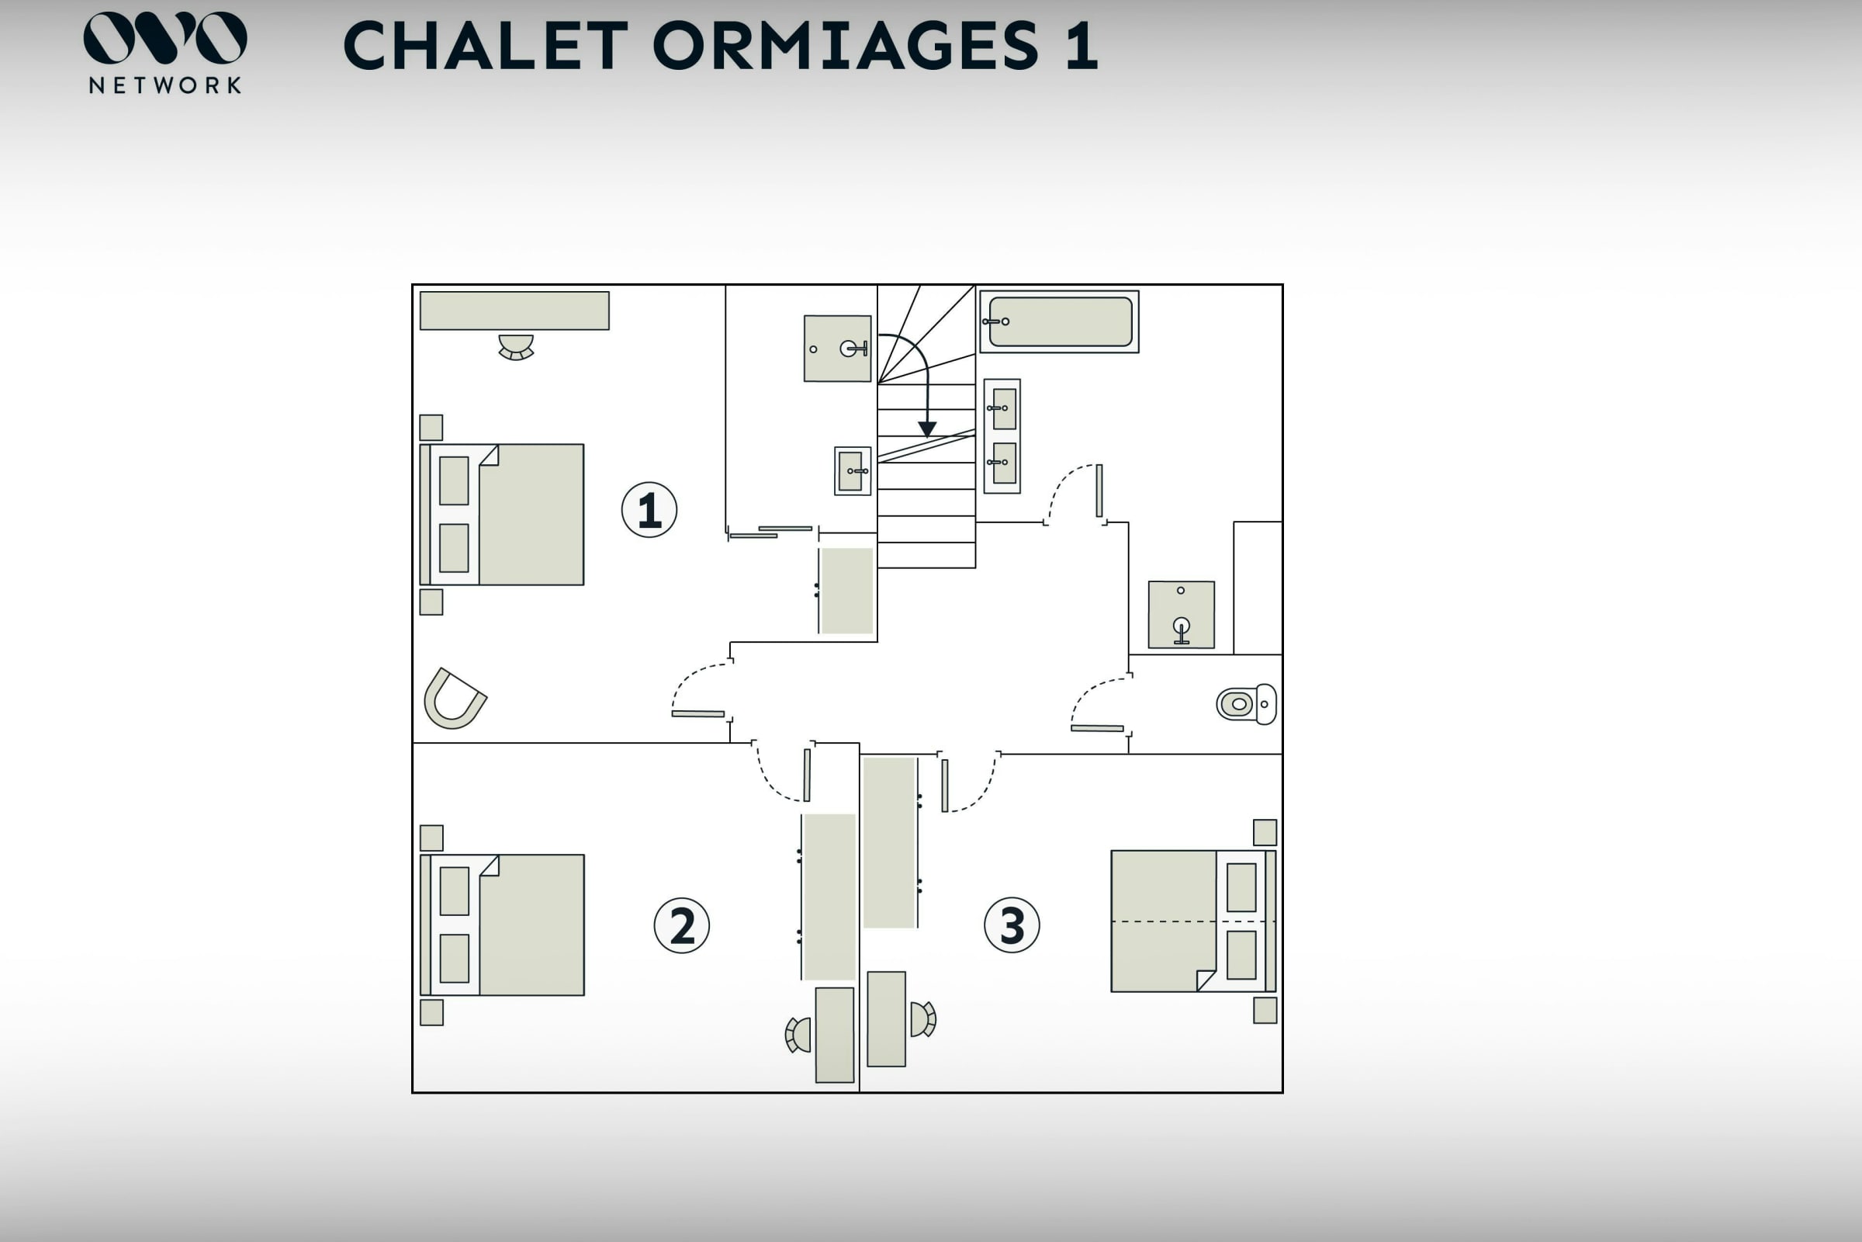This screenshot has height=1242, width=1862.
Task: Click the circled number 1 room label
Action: click(649, 510)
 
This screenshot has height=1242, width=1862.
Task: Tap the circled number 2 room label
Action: click(682, 925)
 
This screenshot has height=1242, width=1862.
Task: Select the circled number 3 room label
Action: click(1012, 925)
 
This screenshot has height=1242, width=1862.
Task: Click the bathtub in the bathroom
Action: click(1060, 321)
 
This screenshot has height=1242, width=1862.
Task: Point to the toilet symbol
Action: click(1246, 704)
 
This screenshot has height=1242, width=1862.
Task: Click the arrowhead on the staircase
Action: click(927, 429)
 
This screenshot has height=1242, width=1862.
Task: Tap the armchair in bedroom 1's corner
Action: click(454, 699)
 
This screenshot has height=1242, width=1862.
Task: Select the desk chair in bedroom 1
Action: click(516, 347)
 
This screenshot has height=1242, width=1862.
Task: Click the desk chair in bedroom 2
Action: click(799, 1035)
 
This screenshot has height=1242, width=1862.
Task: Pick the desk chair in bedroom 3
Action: click(922, 1019)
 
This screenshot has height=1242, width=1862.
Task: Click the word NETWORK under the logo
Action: click(164, 85)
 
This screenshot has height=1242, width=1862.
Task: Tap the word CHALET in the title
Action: click(486, 46)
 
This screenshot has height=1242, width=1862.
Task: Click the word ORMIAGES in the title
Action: click(846, 46)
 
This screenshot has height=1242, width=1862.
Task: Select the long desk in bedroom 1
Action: click(514, 310)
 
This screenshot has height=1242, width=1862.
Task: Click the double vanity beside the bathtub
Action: click(1002, 436)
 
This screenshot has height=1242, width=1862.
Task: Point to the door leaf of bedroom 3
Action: click(944, 786)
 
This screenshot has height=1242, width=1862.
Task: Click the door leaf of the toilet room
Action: click(1097, 728)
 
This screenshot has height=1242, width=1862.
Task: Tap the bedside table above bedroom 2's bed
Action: click(431, 838)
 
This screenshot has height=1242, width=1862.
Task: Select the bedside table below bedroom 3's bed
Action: click(1265, 1011)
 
